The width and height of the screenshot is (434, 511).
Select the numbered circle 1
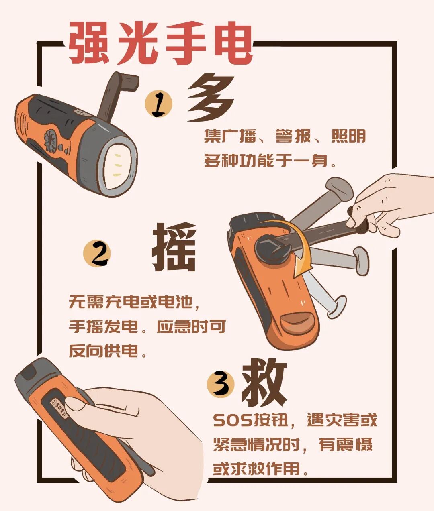(x=158, y=104)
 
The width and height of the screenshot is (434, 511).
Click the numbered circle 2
(x=96, y=254)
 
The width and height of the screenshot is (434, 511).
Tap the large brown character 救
(x=264, y=382)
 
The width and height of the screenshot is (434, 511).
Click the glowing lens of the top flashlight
(x=118, y=165)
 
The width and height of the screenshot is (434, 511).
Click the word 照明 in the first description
(x=348, y=137)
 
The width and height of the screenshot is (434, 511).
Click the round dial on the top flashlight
(x=51, y=140)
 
